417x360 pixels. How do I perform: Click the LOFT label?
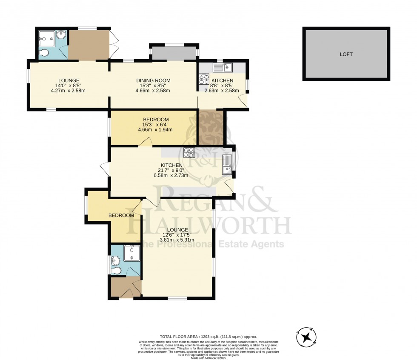tap(346, 54)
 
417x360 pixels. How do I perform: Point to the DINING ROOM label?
tap(153, 80)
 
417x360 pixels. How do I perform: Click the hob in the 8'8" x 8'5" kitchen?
tap(203, 79)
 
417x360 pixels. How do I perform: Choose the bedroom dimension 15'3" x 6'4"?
tap(157, 125)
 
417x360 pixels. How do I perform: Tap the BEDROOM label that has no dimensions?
tap(121, 216)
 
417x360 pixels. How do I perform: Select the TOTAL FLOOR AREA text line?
tap(208, 336)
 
